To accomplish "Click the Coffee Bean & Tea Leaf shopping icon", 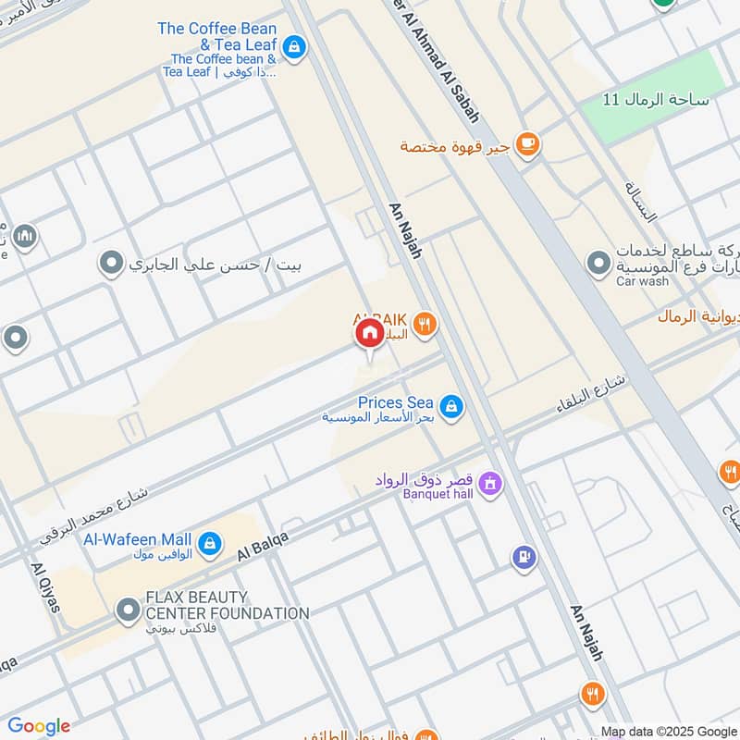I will (293, 45).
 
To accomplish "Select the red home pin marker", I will (368, 333).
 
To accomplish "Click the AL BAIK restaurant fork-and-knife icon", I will (425, 324).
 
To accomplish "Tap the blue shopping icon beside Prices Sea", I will (450, 406).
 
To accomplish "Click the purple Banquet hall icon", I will (490, 483).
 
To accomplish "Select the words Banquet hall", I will (438, 495).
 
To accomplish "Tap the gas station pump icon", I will (524, 557).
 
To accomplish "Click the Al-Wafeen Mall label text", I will (137, 539).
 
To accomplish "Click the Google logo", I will (39, 726).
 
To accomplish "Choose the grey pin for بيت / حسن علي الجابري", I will (112, 265).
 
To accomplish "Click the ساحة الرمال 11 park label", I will (655, 99).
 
